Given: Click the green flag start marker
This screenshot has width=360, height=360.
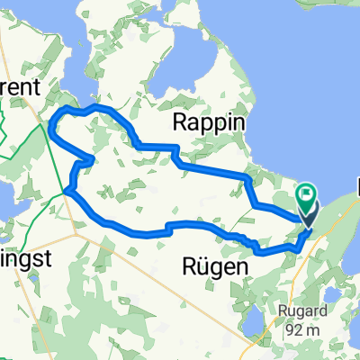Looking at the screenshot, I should (307, 193).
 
